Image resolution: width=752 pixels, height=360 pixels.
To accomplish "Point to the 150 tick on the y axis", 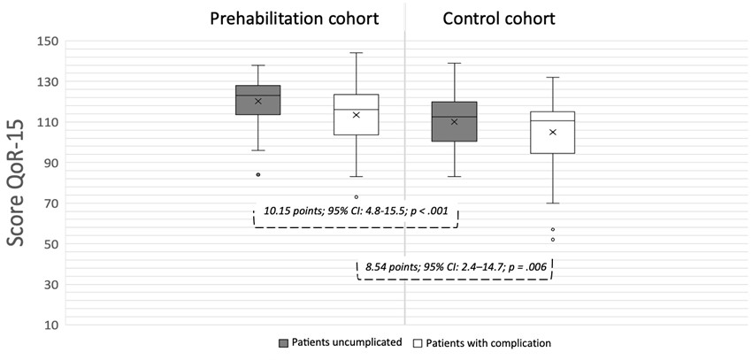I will point(48,42).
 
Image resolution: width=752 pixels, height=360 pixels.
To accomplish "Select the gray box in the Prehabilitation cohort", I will point(257,100).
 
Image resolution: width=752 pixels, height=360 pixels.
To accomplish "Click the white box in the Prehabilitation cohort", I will point(356,115).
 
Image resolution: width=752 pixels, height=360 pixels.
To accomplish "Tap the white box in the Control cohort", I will point(552,132).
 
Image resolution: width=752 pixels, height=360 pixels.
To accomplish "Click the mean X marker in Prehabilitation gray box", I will point(257,101).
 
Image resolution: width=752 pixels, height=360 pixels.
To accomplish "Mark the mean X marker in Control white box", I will point(552,132).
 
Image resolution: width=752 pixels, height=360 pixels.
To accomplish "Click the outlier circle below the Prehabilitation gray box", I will point(257,175).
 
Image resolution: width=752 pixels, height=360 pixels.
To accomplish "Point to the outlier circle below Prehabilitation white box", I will point(356,197).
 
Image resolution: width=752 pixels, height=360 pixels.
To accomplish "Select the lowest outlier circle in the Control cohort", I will point(552,240).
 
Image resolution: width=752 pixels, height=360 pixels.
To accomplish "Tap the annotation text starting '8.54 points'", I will point(457,265).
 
